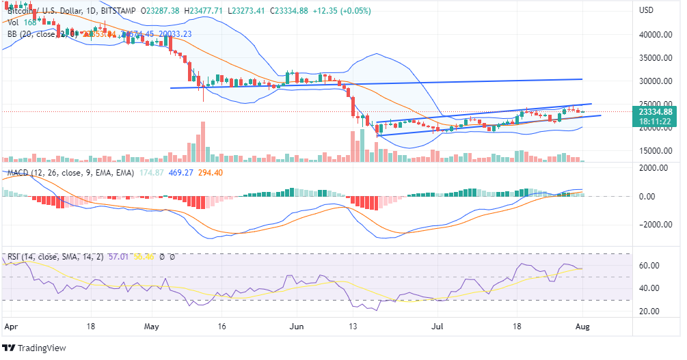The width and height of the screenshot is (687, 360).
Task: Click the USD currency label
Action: [647, 10]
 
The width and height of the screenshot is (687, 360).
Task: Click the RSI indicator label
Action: [13, 258]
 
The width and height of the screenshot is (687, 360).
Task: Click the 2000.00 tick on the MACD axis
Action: [654, 167]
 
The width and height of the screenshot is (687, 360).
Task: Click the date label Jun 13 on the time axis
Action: [353, 327]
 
